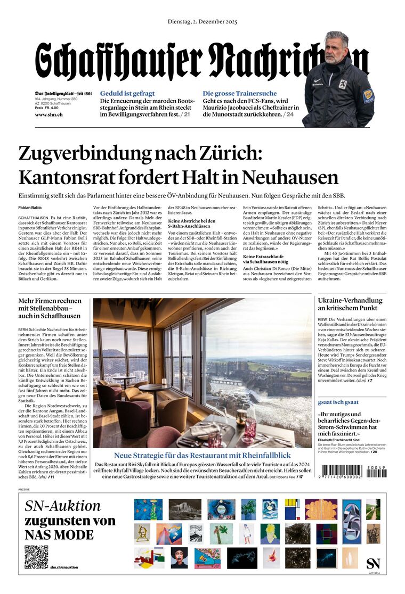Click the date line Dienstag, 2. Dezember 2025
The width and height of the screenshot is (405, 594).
pyautogui.click(x=202, y=22)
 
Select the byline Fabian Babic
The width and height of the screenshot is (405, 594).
pyautogui.click(x=30, y=208)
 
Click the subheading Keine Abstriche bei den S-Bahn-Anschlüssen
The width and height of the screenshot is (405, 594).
pyautogui.click(x=192, y=224)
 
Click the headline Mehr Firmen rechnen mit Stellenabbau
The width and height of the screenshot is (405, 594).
pyautogui.click(x=50, y=308)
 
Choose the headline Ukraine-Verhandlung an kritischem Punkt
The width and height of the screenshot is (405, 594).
pyautogui.click(x=350, y=304)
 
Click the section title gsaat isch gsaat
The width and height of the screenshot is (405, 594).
pyautogui.click(x=338, y=402)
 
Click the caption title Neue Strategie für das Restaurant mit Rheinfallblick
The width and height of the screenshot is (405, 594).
pyautogui.click(x=203, y=455)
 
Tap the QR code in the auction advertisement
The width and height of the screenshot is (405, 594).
pyautogui.click(x=36, y=557)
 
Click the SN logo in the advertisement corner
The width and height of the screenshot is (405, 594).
pyautogui.click(x=374, y=563)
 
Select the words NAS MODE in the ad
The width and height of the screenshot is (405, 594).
pyautogui.click(x=59, y=535)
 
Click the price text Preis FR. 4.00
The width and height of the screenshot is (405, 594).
pyautogui.click(x=47, y=108)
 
